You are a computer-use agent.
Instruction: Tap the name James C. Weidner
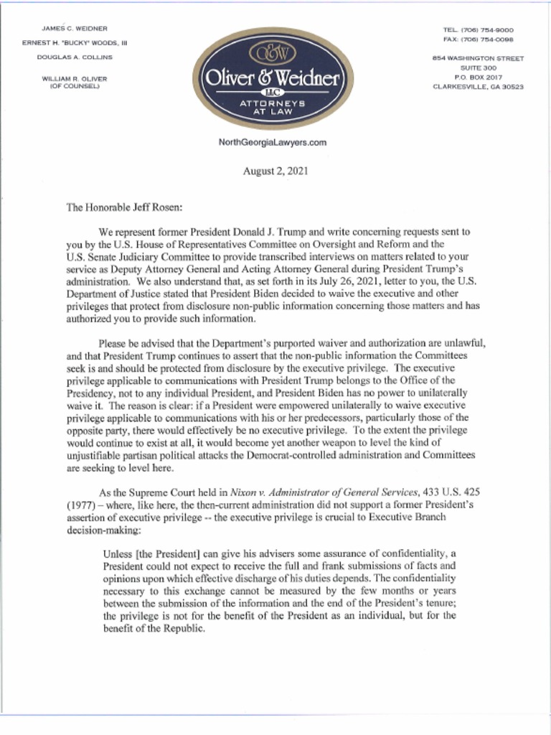coord(75,28)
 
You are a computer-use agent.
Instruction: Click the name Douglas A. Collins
coord(75,57)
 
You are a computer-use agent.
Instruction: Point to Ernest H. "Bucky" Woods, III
coord(75,42)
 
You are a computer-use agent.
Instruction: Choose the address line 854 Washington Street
coord(478,58)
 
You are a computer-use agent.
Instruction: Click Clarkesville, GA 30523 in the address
coord(478,86)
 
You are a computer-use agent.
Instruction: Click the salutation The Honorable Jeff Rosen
coord(125,208)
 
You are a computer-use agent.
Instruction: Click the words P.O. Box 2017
coord(478,77)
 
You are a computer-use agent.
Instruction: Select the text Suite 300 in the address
coord(478,67)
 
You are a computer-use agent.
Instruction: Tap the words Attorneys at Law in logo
coord(272,108)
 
